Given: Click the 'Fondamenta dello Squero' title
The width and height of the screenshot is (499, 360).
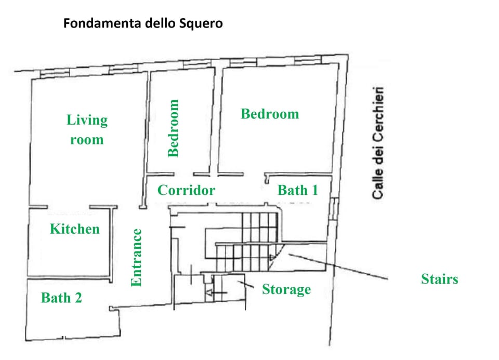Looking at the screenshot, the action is [143, 23].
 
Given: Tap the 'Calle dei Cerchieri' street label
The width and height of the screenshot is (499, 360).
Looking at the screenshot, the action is [378, 143].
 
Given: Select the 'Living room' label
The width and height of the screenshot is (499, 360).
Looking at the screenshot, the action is [87, 129].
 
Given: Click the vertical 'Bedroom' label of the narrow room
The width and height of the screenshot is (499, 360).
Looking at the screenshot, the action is [173, 128].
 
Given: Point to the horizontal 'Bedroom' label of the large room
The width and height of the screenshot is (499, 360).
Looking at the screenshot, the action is [270, 114].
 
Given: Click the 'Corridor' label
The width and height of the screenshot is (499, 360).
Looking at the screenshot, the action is [186, 190].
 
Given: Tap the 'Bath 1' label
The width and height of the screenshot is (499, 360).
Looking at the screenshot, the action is [298, 190].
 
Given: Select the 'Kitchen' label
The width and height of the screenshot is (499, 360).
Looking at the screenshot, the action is [75, 229].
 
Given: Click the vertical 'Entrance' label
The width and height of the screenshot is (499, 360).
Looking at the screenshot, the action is [136, 258].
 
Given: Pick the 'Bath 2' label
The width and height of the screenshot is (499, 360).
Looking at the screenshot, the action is [61, 298].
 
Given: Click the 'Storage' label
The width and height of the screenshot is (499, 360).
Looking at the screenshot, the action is [286, 289].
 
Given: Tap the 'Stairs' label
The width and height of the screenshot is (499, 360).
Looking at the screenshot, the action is [440, 279].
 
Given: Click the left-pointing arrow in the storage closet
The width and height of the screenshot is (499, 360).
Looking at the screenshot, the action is [216, 292].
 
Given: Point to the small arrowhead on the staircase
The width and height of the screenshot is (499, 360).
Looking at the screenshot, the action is [272, 257].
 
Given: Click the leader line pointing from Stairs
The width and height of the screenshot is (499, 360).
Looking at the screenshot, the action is [338, 267].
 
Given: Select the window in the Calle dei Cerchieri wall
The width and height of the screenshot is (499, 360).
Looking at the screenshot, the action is [333, 209].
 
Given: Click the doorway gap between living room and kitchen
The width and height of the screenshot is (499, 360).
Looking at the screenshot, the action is [69, 207].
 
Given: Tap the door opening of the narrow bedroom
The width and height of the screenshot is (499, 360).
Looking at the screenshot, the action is [183, 174].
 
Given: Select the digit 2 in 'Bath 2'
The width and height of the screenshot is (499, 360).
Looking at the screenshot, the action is [78, 298].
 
